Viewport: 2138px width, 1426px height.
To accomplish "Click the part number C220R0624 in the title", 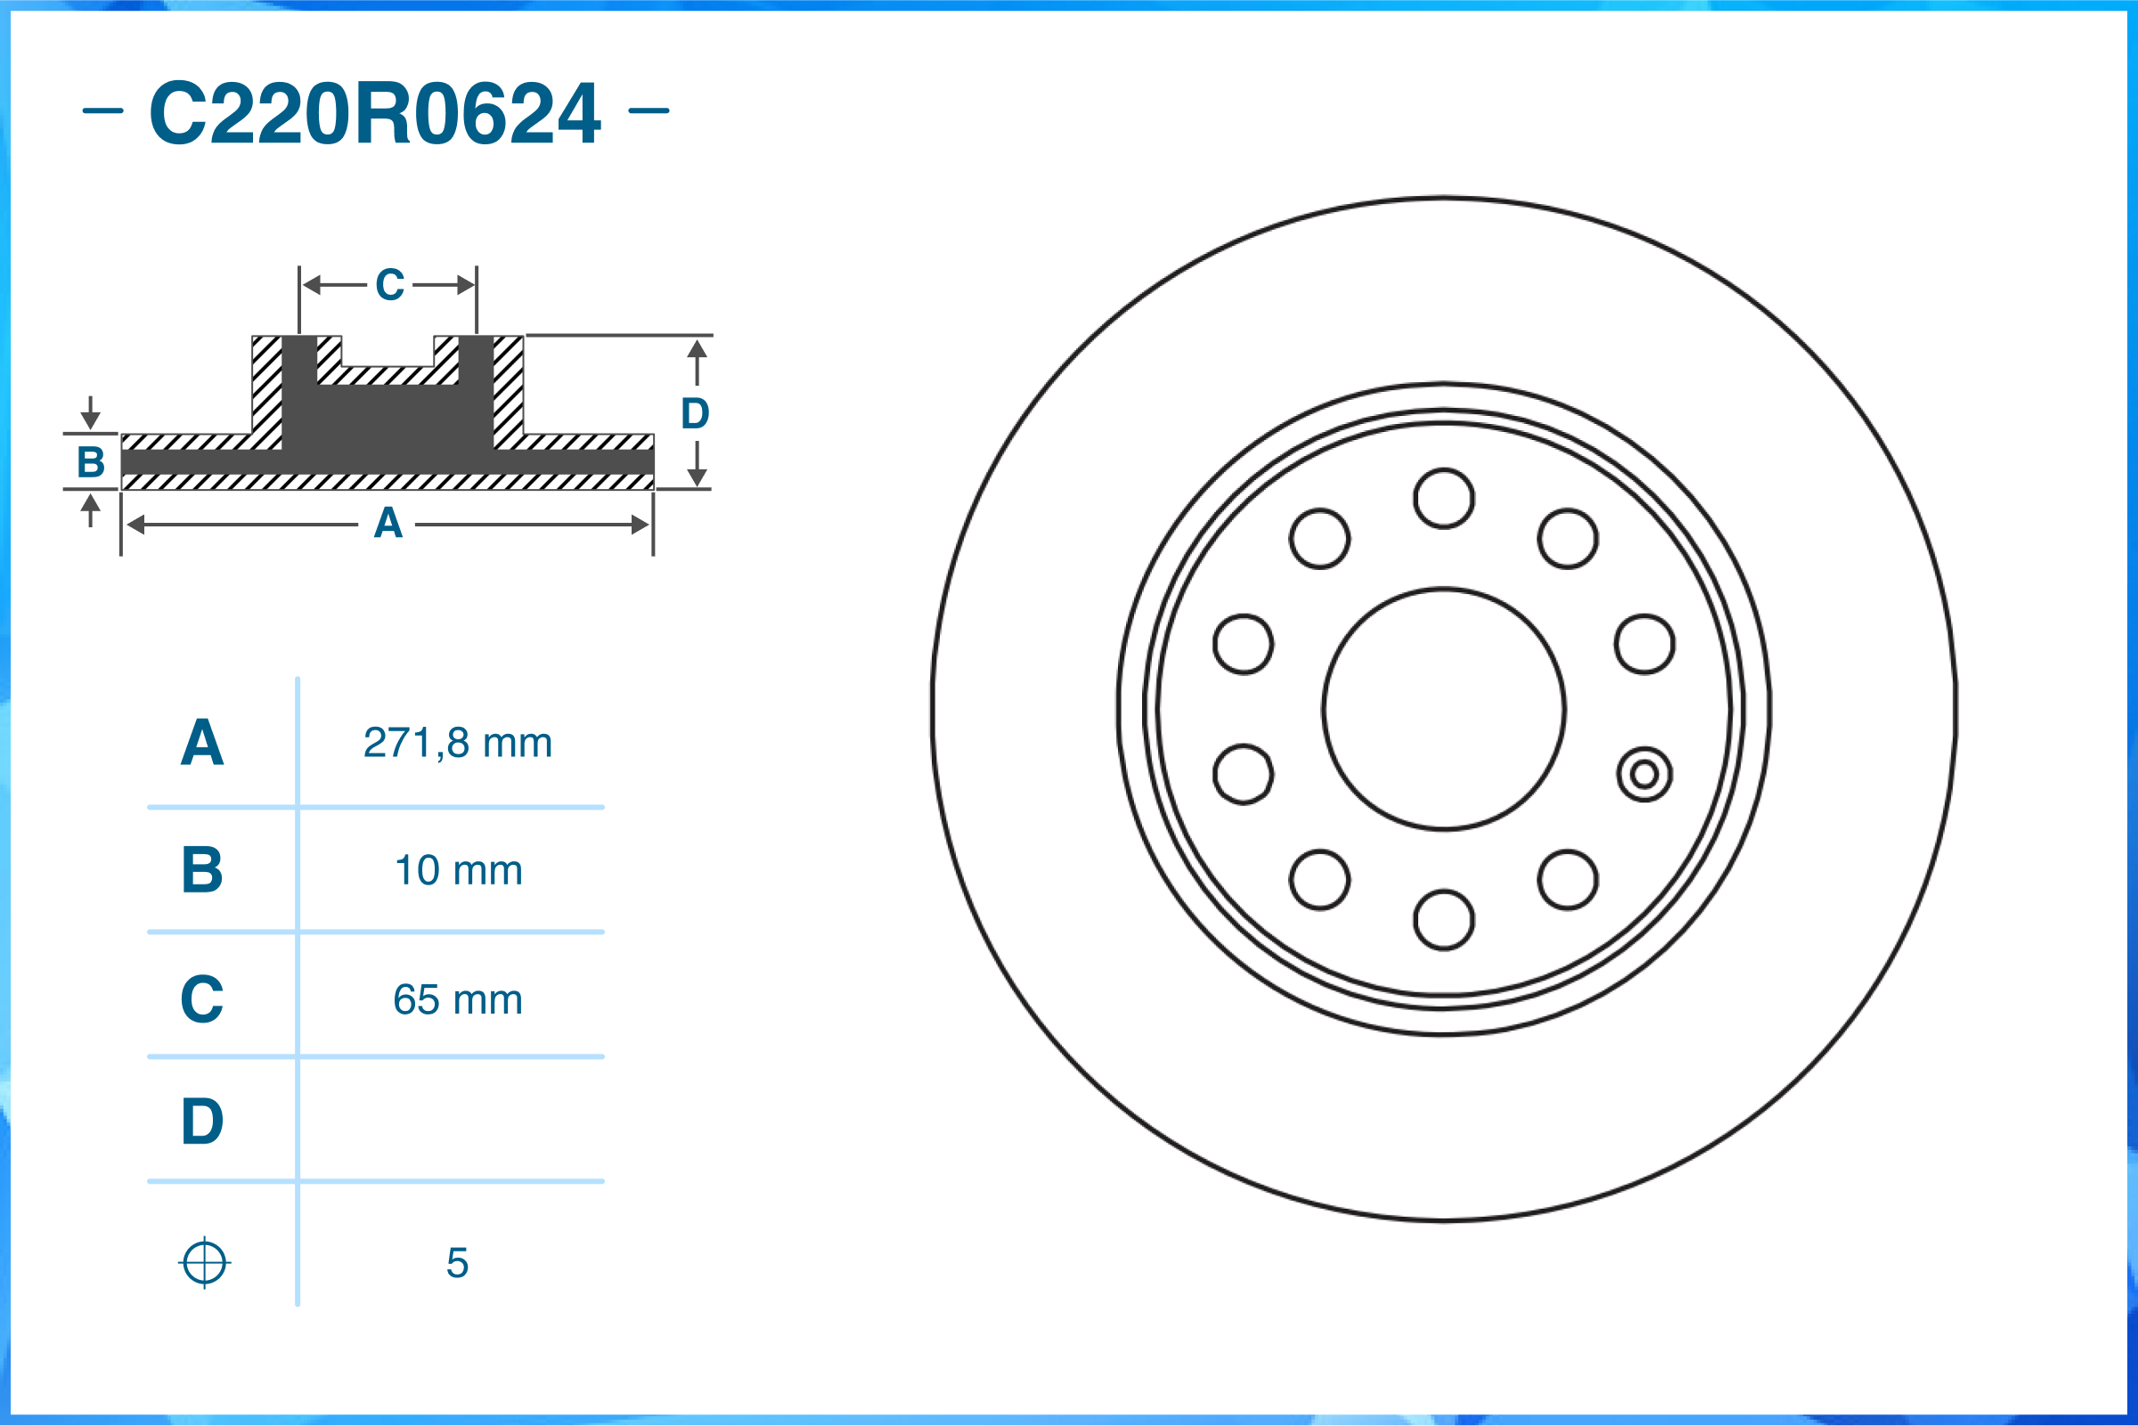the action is coord(375,113).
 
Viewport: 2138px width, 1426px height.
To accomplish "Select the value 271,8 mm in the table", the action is coord(457,743).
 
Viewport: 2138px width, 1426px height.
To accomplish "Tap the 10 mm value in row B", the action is coord(459,870).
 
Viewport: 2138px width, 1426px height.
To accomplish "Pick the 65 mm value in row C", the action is coord(457,999).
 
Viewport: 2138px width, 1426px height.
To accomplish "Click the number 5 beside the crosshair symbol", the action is coord(457,1262).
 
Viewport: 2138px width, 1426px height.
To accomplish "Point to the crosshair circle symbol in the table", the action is coord(205,1262).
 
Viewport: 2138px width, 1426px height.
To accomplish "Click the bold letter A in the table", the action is coord(202,743).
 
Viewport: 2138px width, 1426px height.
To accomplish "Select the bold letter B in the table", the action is coord(202,869).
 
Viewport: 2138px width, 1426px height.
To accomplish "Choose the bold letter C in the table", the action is coord(202,998).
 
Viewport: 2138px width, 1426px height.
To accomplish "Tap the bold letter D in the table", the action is coord(202,1120).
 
